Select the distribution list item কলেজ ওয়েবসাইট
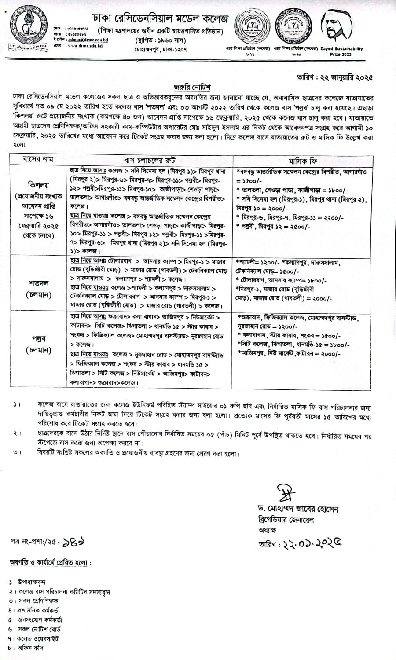[x=37, y=638]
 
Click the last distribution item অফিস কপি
[x=30, y=648]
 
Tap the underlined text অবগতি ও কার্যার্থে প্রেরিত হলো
[x=51, y=562]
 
